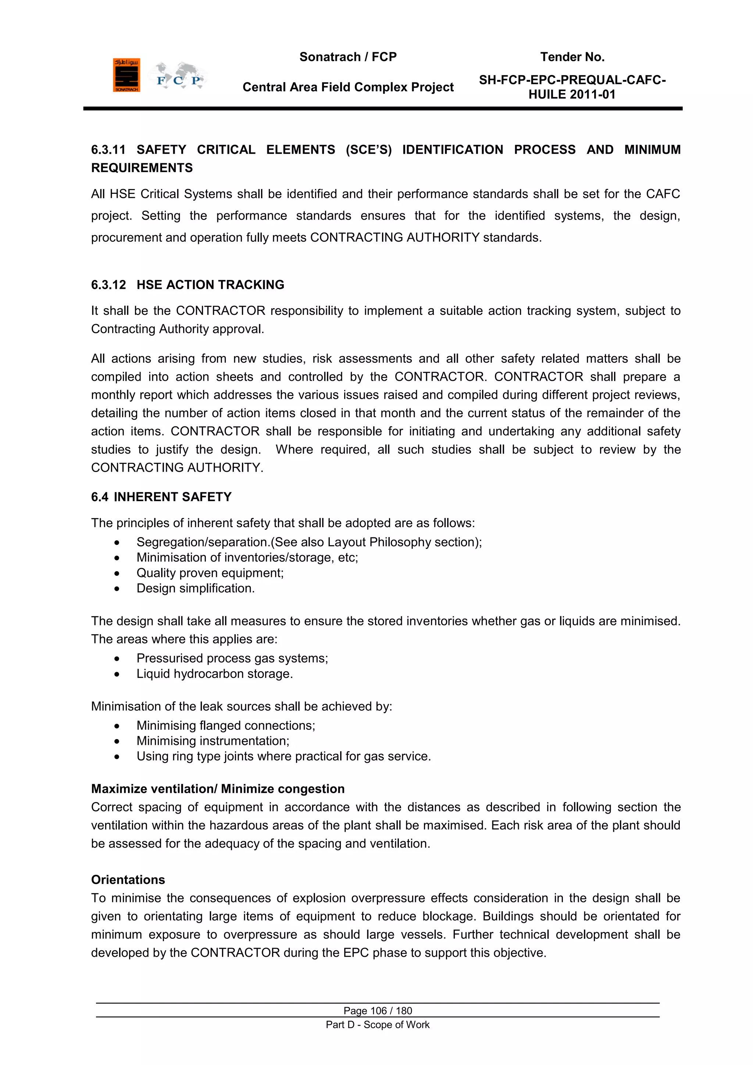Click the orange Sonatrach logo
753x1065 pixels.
[x=126, y=75]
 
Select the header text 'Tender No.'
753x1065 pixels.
[x=572, y=57]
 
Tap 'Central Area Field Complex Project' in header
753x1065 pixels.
[x=348, y=87]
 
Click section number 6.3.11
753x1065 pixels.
[x=108, y=150]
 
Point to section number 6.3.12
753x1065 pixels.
[x=108, y=285]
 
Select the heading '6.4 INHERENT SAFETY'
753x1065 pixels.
[x=161, y=497]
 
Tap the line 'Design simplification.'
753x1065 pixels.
[x=195, y=588]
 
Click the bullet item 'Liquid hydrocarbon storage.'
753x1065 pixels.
[x=214, y=674]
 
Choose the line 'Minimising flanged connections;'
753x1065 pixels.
[x=225, y=725]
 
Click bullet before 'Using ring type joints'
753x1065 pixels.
[x=117, y=757]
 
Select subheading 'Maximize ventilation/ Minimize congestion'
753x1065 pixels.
[x=217, y=789]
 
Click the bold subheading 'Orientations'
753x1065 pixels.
[x=128, y=880]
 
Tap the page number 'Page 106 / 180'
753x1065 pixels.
[x=378, y=1011]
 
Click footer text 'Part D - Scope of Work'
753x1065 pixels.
[x=378, y=1025]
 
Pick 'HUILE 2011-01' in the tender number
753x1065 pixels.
[x=572, y=95]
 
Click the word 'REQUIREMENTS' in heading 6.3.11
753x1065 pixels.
[x=142, y=168]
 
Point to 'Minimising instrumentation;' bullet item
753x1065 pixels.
[x=213, y=741]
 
